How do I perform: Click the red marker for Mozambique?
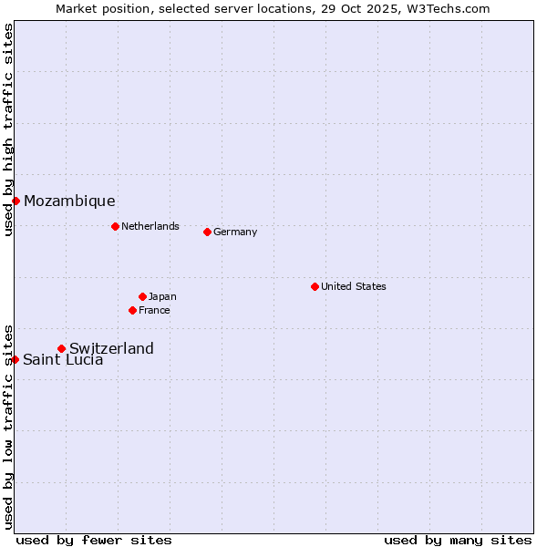tap(15, 201)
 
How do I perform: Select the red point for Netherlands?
tap(115, 226)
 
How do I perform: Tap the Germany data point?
tap(207, 232)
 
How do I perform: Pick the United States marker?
tap(315, 286)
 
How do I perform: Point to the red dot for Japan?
tap(142, 296)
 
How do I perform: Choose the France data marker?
tap(132, 310)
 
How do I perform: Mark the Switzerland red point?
tap(61, 348)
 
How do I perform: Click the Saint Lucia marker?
tap(15, 359)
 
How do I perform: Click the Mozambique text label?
tap(69, 201)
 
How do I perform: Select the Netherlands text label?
tap(150, 226)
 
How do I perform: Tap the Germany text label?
tap(235, 232)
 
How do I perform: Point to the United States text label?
tap(354, 286)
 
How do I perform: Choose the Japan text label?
tap(162, 296)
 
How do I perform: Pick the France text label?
tap(154, 310)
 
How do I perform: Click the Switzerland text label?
tap(111, 348)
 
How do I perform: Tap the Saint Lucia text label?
tap(63, 360)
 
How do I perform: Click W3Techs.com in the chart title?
tap(448, 8)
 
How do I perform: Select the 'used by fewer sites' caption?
tap(94, 540)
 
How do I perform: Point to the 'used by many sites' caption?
tap(458, 540)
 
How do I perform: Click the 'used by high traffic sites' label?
tap(8, 129)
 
